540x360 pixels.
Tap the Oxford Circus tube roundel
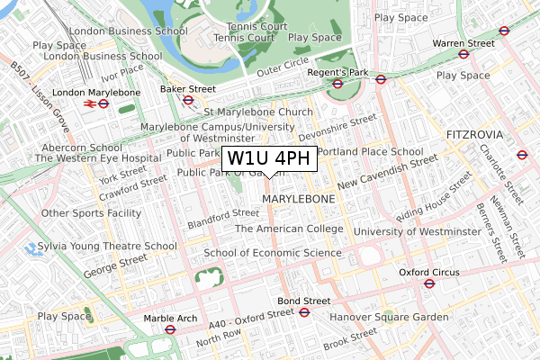point(429,283)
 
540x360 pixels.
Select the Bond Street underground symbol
point(304,312)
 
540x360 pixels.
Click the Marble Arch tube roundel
point(169,329)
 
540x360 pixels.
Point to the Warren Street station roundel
point(463,54)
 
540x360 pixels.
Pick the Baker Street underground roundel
point(188,100)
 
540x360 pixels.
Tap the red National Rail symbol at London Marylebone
point(90,103)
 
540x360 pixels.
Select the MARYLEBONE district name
point(298,198)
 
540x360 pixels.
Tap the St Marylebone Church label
point(258,112)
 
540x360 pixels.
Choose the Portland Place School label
point(370,152)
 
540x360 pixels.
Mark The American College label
point(289,229)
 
